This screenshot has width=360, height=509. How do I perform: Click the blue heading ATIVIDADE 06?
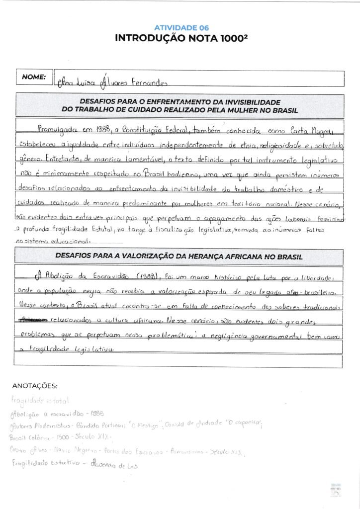pos(180,28)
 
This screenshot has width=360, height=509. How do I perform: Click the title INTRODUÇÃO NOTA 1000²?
pos(180,39)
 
